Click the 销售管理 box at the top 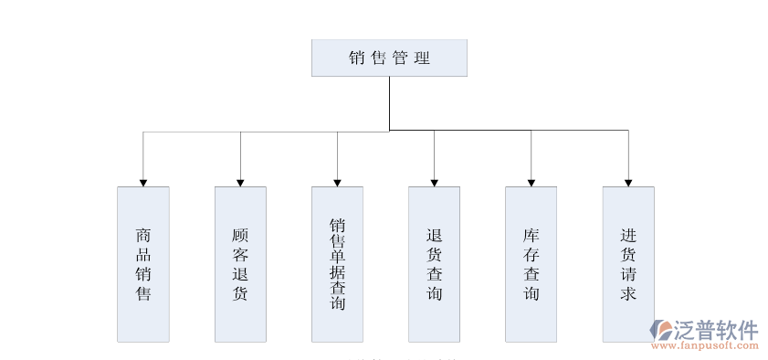389,58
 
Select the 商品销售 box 143,264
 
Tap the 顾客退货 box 240,264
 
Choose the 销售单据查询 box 337,264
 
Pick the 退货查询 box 434,264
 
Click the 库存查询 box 531,264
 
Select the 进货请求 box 628,264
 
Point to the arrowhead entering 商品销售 143,182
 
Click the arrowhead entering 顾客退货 240,182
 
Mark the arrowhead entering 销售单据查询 337,182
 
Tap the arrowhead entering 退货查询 434,182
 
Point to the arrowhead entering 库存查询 531,182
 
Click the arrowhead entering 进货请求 628,182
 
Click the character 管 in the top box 400,58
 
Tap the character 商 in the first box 143,234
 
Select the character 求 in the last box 628,293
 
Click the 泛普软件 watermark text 717,330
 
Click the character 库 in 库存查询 531,234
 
